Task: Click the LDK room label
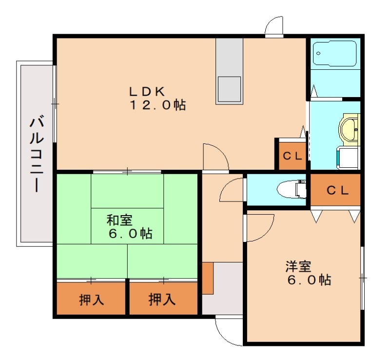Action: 147,92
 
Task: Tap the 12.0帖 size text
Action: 157,105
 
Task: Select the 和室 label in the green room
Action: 119,220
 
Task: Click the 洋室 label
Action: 298,266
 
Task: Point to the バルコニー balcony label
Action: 37,155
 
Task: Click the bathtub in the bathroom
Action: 335,54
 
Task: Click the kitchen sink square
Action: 229,89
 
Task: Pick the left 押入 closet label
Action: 92,300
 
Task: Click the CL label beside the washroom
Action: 292,156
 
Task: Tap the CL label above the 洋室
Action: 337,190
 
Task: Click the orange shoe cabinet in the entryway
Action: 208,278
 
